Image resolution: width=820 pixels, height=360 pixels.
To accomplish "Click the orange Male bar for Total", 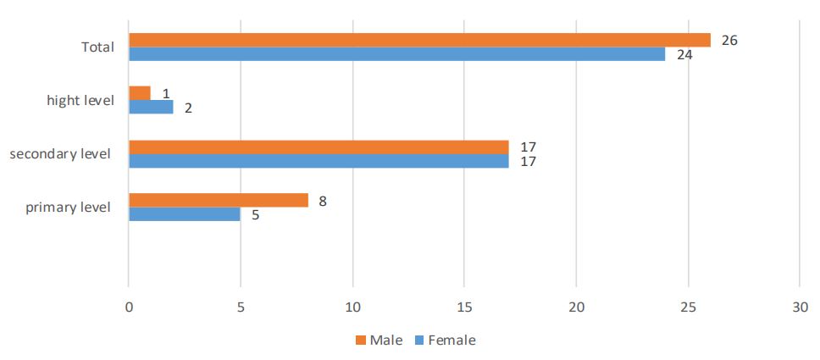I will (x=419, y=40).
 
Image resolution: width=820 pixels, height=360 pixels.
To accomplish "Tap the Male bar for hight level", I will (x=140, y=93).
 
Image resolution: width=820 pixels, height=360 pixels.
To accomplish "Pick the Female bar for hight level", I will (x=151, y=107).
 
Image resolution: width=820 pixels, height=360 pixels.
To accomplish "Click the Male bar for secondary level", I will (x=319, y=147).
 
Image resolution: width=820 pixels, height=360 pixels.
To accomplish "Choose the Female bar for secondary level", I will (x=319, y=161).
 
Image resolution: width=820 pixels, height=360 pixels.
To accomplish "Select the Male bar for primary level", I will (x=218, y=200).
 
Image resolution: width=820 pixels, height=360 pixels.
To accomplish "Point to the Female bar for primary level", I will (x=184, y=214).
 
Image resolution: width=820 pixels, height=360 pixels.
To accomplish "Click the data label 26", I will (x=729, y=40).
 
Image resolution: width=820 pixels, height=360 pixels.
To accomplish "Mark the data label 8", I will (x=323, y=202).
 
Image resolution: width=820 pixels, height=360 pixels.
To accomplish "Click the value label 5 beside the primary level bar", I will (x=256, y=216).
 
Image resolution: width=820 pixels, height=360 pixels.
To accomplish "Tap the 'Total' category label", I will (x=97, y=47).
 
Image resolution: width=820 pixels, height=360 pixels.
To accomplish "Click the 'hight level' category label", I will (x=80, y=101).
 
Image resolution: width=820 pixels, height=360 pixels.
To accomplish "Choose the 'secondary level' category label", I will (x=61, y=154).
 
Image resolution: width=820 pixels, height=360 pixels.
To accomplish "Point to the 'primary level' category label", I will (x=69, y=207).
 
